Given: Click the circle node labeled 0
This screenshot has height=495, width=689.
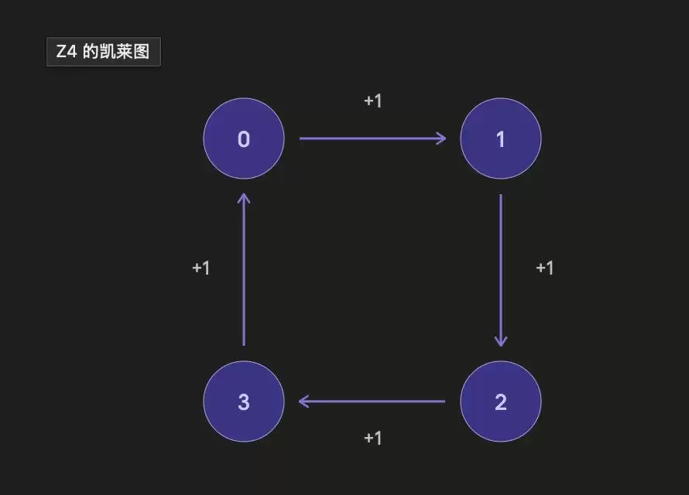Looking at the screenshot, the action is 244,138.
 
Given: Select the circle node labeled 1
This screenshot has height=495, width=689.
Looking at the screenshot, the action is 501,138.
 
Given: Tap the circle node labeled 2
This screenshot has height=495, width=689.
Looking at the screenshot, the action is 501,401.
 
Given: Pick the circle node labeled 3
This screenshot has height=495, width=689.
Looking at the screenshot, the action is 244,401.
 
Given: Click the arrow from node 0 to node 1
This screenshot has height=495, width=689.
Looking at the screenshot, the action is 372,138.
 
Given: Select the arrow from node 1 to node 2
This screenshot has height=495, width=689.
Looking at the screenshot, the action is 501,271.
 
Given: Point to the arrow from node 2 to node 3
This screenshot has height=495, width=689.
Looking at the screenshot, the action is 372,401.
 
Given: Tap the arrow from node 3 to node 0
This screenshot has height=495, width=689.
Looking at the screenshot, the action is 244,269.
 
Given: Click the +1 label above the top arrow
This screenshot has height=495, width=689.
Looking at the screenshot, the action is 373,101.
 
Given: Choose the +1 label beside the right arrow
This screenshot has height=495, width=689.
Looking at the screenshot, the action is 545,268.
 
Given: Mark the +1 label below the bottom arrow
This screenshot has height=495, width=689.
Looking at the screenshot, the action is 373,438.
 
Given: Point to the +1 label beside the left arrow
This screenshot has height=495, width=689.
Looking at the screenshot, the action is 201,268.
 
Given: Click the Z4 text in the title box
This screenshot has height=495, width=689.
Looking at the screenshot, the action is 67,52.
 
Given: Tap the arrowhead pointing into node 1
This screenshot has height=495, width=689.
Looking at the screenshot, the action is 440,138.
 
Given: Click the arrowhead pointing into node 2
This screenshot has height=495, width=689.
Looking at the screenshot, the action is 501,341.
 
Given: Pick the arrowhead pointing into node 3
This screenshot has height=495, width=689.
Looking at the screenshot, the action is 304,401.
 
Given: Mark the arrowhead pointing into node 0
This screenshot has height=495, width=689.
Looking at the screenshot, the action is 244,199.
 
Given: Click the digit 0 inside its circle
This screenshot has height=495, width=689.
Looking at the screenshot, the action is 244,139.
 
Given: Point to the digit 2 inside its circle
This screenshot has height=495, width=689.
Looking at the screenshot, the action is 501,402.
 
